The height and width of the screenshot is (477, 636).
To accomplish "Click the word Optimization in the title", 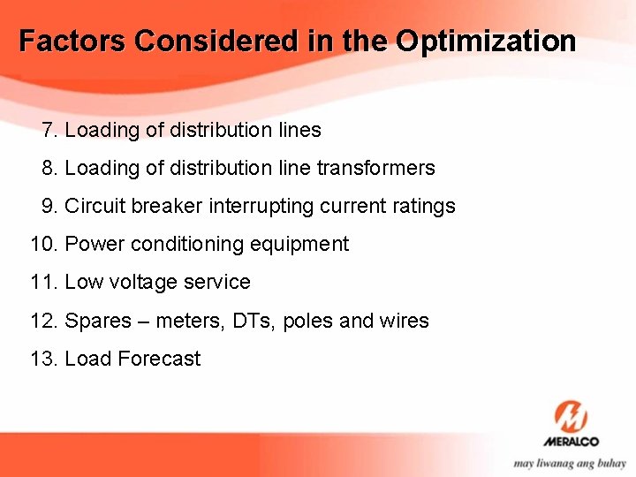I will point(486,42).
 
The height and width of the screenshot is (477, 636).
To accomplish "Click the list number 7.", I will point(49,131).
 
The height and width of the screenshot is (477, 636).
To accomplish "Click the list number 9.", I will point(49,207).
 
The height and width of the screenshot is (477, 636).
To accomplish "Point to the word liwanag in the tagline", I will point(559,463).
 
